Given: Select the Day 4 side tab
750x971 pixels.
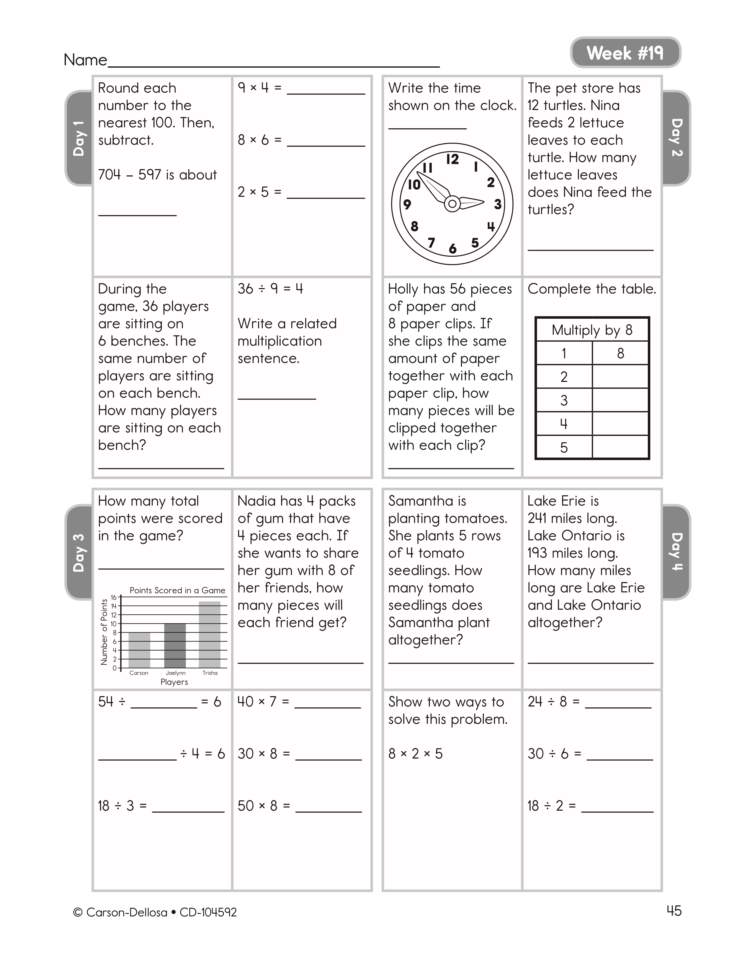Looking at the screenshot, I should pos(676,551).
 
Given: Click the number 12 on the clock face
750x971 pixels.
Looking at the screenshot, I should pos(452,159).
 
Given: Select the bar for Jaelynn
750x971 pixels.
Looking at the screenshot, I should pos(175,646).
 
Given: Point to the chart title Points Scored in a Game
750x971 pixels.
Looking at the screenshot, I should pos(177,591).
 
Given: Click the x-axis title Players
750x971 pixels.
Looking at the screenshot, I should pos(174,682).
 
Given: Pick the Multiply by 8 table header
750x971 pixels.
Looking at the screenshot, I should pos(592,330).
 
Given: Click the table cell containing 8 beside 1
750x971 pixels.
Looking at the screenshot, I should pos(620,353).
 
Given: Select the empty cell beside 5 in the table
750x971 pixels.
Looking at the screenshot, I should pos(620,447).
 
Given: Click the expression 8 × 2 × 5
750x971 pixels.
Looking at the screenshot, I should pos(415,754).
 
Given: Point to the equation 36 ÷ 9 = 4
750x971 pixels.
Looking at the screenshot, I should pos(270,289).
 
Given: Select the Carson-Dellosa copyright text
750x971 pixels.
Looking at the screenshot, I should pos(155,912).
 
